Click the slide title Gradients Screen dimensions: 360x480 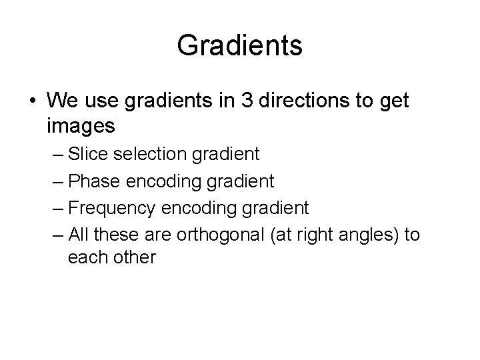click(x=240, y=46)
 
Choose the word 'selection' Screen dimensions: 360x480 click(x=151, y=154)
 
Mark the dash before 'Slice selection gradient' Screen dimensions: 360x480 click(x=58, y=155)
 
